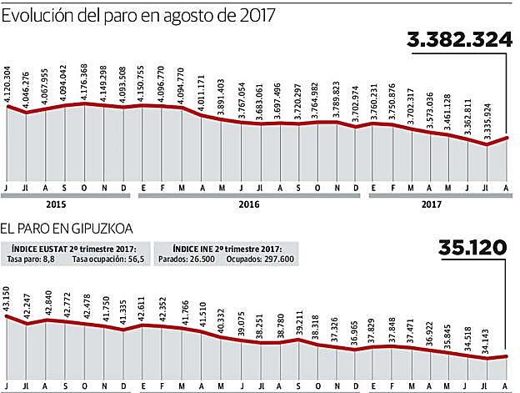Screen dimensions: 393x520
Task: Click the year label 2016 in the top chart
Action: (x=248, y=203)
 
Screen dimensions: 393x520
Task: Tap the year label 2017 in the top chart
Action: (x=431, y=203)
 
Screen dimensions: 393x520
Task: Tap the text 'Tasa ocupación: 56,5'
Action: (x=107, y=259)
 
